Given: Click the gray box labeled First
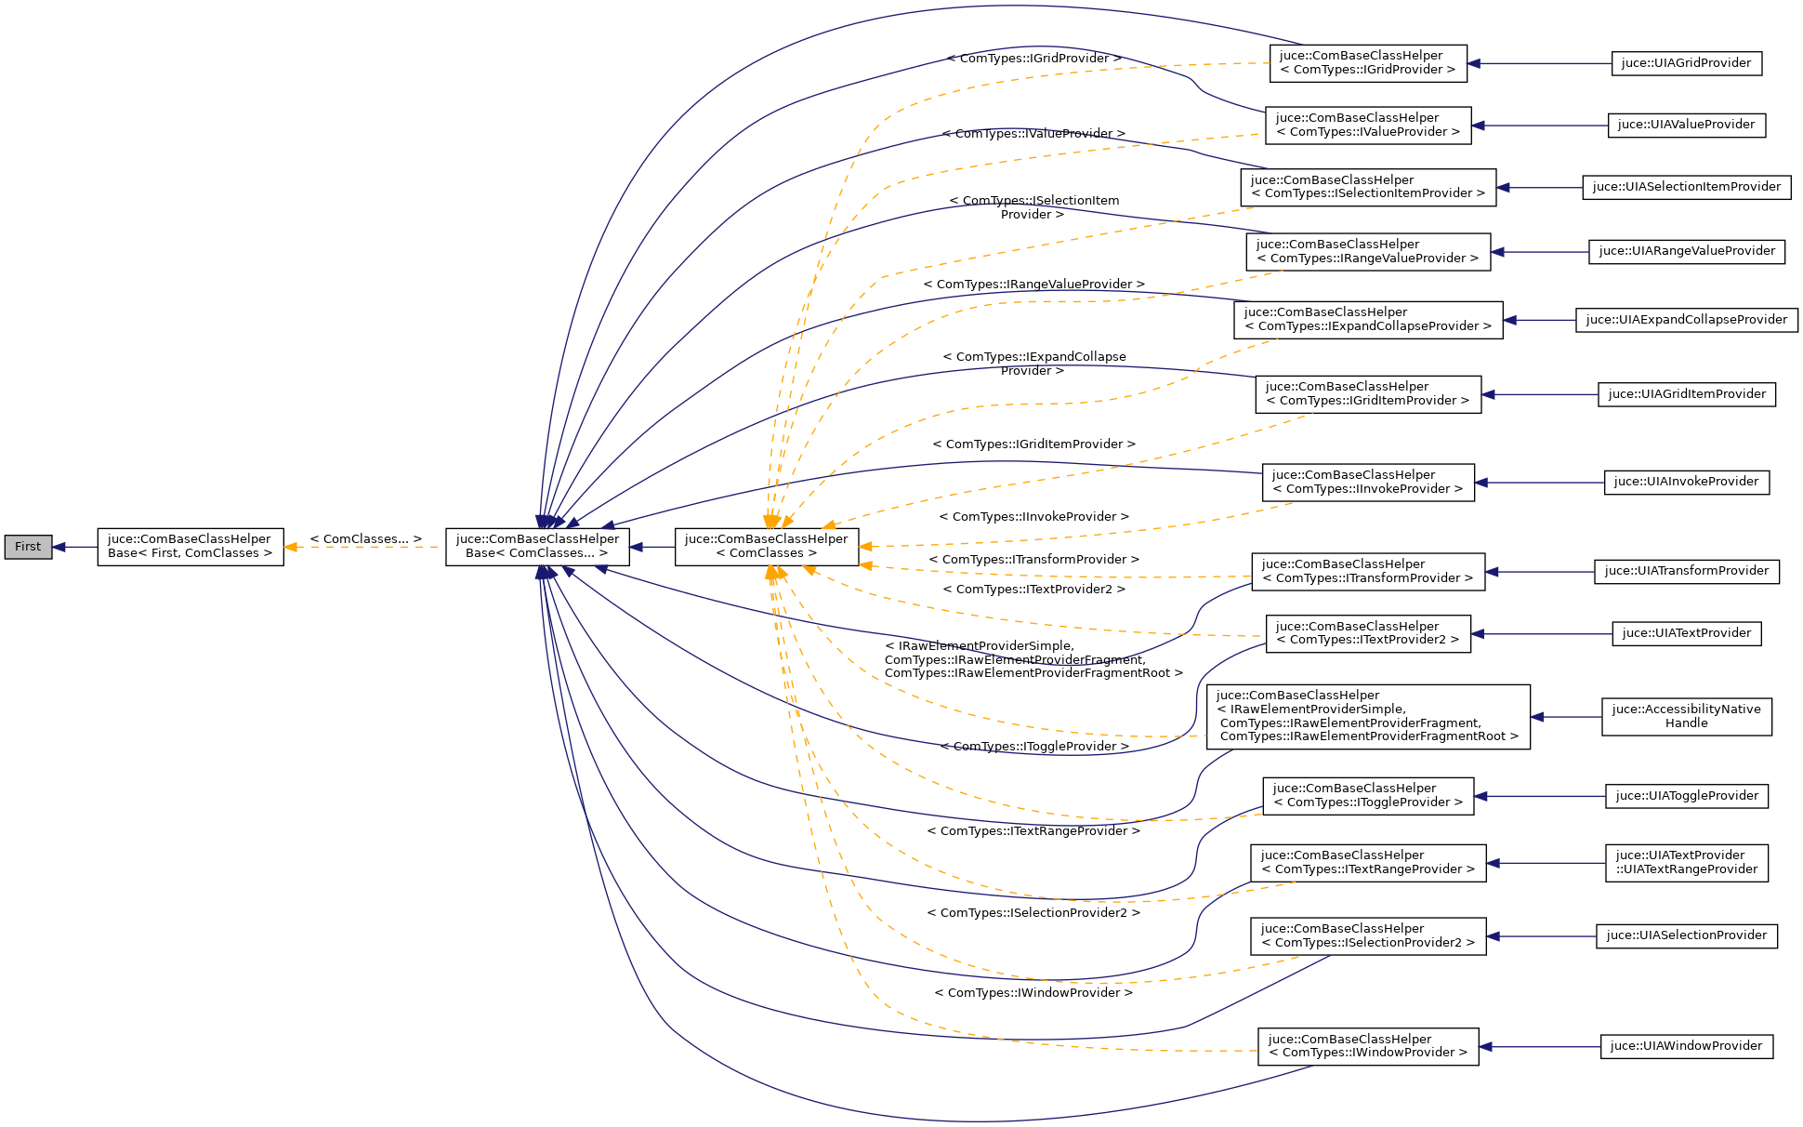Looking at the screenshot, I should click(x=27, y=547).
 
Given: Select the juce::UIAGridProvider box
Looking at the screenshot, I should click(x=1685, y=63).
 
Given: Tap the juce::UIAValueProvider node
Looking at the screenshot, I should click(x=1685, y=125).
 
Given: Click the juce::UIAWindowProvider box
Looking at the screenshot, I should click(x=1685, y=1046).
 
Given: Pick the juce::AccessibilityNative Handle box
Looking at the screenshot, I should click(x=1685, y=716).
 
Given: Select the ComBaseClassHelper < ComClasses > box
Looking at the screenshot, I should click(x=766, y=547).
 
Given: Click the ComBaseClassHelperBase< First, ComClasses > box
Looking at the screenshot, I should click(x=190, y=547).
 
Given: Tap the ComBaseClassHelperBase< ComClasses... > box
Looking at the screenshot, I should click(x=537, y=547).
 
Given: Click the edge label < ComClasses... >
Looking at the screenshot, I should click(x=365, y=538).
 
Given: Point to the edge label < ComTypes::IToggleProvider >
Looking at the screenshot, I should click(x=1033, y=746).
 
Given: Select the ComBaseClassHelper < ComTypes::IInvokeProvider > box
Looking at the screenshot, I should click(x=1367, y=482).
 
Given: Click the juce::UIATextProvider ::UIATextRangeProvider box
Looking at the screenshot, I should click(x=1685, y=863).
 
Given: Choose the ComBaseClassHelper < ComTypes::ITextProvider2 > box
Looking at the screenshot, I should click(x=1367, y=633).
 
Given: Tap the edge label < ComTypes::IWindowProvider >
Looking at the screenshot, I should click(x=1033, y=992).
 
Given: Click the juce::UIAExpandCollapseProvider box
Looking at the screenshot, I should click(x=1685, y=320).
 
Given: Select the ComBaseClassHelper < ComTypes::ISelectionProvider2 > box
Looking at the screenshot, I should click(x=1367, y=935).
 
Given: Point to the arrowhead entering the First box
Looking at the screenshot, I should click(x=59, y=547).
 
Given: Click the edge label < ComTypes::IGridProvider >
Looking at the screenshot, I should click(x=1033, y=58).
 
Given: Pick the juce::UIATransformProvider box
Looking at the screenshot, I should click(x=1685, y=571).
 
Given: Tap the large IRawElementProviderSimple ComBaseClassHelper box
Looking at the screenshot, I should click(x=1367, y=716).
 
